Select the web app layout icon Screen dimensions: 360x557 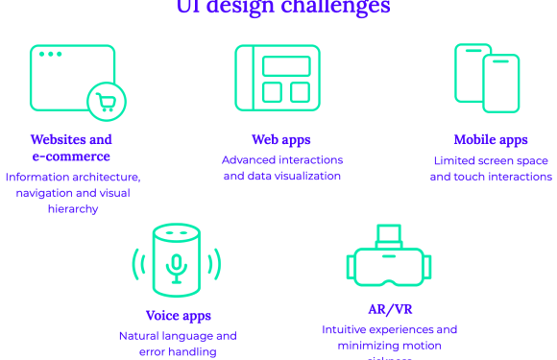coord(278,78)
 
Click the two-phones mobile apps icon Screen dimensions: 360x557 coord(487,78)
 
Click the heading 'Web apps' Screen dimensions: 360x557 coord(281,140)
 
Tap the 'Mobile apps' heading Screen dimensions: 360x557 coord(491,140)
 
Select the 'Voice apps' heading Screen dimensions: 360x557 coord(179,316)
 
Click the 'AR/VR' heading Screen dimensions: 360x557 coord(390,309)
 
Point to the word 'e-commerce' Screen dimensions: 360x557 coord(71,156)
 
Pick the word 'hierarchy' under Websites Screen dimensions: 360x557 coord(71,208)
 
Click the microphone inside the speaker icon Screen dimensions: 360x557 coord(176,266)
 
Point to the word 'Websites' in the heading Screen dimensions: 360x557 coord(58,140)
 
